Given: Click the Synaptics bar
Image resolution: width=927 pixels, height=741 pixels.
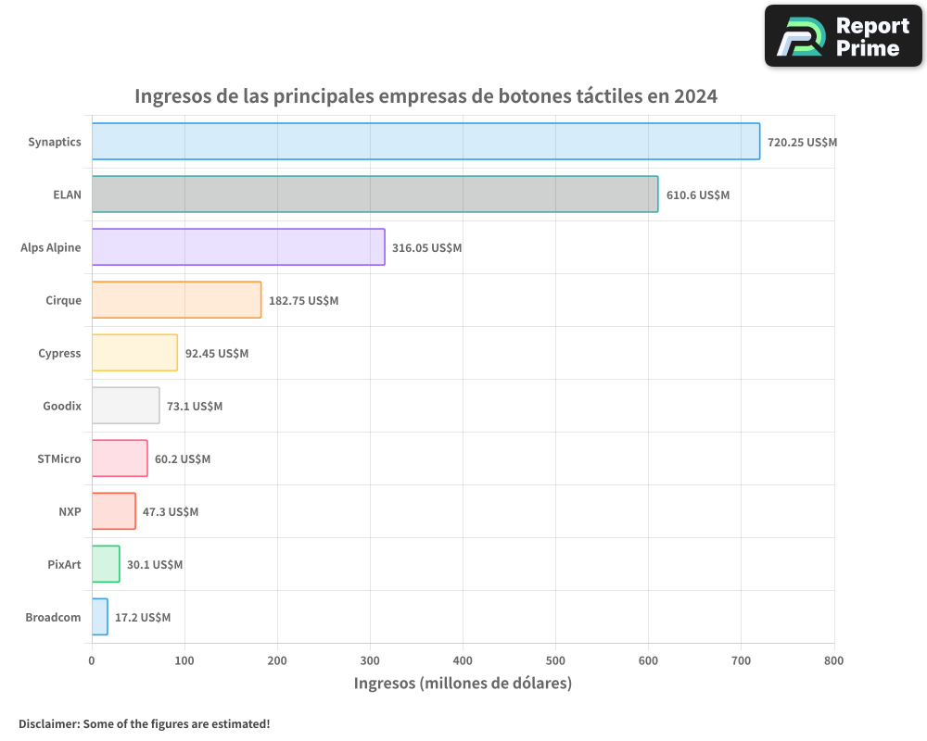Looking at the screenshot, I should (425, 142).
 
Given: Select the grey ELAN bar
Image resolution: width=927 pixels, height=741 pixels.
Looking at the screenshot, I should (375, 195).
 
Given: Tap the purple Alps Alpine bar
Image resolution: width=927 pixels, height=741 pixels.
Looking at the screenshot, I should (238, 247).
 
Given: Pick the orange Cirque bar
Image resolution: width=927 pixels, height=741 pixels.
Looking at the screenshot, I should (176, 300).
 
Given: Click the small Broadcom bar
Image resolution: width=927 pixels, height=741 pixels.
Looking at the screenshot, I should (100, 617).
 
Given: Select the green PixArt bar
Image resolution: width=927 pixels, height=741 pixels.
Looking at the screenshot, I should (106, 564).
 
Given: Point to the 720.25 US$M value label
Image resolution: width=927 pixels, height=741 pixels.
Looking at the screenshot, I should (802, 143).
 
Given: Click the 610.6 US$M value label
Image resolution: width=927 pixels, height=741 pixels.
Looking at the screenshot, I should (697, 195).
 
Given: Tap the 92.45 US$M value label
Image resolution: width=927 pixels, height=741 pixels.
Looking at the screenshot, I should (217, 354).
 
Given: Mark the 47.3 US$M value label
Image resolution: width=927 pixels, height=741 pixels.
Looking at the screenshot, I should (171, 512).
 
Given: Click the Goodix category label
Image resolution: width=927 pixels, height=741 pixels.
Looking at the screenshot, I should (62, 406).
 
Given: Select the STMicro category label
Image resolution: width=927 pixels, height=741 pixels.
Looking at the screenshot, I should (59, 458).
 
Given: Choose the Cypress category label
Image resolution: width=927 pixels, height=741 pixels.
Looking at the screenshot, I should (59, 353).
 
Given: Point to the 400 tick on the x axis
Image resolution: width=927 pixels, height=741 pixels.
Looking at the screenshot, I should (463, 660).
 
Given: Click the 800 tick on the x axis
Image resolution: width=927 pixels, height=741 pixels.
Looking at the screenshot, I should (833, 660).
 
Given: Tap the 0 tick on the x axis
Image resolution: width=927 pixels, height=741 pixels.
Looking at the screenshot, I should (92, 660).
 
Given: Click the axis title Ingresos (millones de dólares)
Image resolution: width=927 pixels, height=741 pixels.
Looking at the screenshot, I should (463, 684).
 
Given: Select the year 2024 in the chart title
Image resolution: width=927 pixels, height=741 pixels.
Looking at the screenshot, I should (695, 95).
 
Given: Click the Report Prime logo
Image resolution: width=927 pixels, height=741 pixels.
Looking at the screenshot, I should (843, 36).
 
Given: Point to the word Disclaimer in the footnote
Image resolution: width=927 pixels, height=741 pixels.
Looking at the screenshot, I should (48, 723).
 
